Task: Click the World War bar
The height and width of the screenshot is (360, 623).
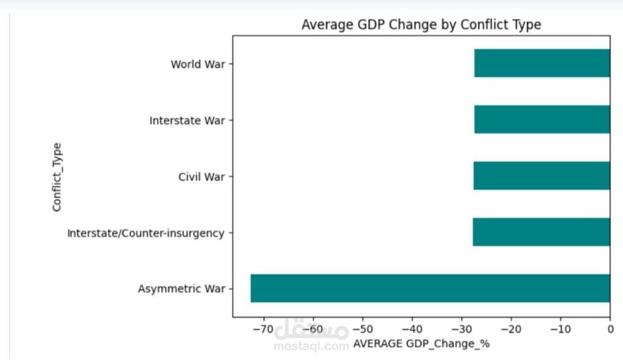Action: [542, 63]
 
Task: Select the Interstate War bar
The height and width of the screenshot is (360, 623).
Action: [542, 119]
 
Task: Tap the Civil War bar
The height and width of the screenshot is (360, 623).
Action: [541, 175]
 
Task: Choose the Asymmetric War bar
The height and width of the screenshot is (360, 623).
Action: [430, 288]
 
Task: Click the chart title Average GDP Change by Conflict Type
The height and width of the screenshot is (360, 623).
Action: [421, 25]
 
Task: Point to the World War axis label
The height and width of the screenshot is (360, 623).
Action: [198, 64]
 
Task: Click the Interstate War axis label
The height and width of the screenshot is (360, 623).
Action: [187, 121]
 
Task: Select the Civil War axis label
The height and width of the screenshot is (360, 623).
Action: [202, 177]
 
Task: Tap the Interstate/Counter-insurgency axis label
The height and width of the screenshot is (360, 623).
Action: [146, 233]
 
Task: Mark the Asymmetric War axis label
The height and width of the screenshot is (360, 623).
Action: [181, 289]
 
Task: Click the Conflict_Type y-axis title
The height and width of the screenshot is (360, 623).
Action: [57, 177]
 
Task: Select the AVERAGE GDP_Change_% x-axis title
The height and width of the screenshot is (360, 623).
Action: [421, 344]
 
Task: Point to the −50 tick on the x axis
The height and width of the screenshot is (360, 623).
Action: [362, 330]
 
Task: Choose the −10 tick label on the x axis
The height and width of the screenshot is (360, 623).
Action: [560, 330]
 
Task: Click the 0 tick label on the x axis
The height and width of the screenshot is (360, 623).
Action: [610, 330]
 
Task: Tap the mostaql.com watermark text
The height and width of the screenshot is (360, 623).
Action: [311, 346]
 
